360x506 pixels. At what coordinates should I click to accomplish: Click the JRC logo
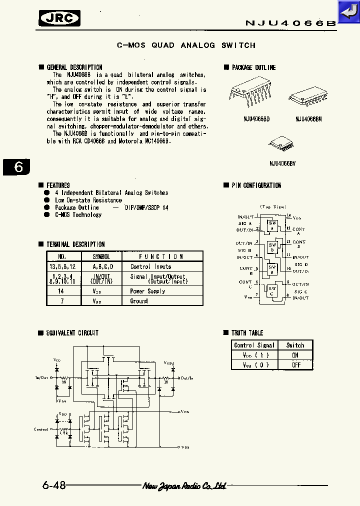coord(59,18)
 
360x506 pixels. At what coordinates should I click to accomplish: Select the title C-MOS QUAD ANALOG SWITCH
coord(186,45)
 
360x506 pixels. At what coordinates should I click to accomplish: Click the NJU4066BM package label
coord(308,119)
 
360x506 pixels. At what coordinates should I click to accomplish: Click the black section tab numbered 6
coord(17,166)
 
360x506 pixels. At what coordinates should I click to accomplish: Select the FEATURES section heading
coord(58,185)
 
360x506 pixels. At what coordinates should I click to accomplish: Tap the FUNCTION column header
coord(161,256)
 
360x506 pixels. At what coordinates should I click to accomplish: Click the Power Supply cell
coord(144,291)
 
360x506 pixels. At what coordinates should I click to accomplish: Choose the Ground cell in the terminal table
coord(139,301)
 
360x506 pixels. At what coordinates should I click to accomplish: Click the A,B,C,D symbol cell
coord(103,266)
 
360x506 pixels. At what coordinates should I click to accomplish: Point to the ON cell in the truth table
coord(295,355)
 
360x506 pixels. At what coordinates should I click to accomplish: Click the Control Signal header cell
coord(254,345)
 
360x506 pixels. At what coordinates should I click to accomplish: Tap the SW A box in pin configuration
coord(272,225)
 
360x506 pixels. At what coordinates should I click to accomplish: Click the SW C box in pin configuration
coord(272,291)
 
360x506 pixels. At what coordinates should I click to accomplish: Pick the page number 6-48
coord(54,485)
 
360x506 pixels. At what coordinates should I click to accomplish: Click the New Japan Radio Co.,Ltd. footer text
coord(184,486)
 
